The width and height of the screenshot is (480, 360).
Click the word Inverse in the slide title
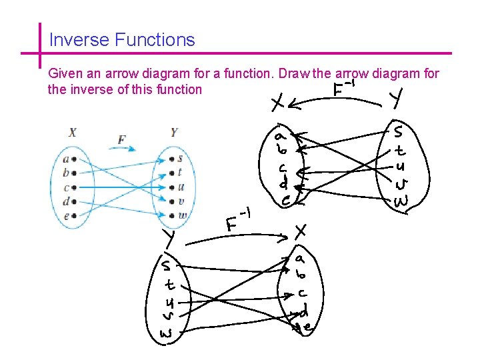point(79,40)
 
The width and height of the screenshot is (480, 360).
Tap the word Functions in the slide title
point(154,40)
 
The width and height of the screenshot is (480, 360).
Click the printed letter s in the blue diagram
point(181,159)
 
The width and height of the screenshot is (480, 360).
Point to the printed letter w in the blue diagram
point(182,215)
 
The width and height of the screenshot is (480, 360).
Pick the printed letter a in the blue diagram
point(65,159)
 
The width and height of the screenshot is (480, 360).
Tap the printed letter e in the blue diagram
point(65,215)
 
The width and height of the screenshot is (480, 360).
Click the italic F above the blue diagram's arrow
point(121,140)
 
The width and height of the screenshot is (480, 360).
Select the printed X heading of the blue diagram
point(72,133)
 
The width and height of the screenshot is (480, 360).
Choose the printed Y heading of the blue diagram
point(174,133)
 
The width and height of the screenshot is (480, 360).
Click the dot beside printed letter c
point(73,187)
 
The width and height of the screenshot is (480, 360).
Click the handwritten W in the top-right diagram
point(401,201)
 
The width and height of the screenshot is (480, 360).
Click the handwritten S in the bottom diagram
point(165,266)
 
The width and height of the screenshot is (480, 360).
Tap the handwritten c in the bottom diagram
point(303,293)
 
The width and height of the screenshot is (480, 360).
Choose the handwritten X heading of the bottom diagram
point(301,231)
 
